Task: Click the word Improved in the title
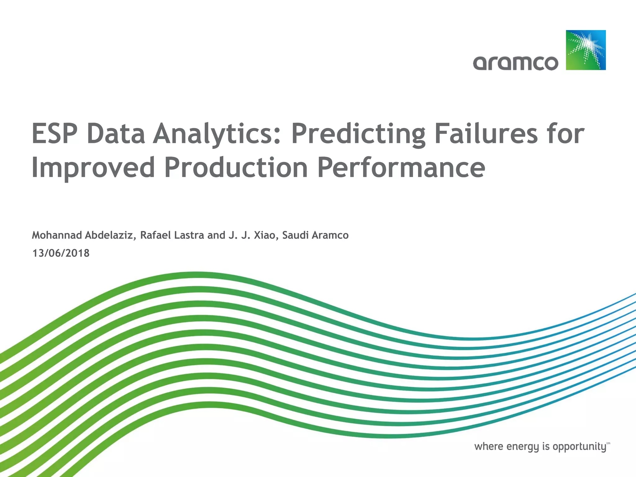(x=93, y=168)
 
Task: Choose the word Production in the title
(x=236, y=168)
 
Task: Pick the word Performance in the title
(x=401, y=168)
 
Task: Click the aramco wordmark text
(x=516, y=63)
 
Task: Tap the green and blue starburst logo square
(x=586, y=50)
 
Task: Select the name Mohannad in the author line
(x=57, y=235)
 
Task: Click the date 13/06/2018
(x=61, y=253)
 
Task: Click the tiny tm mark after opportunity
(x=608, y=443)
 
